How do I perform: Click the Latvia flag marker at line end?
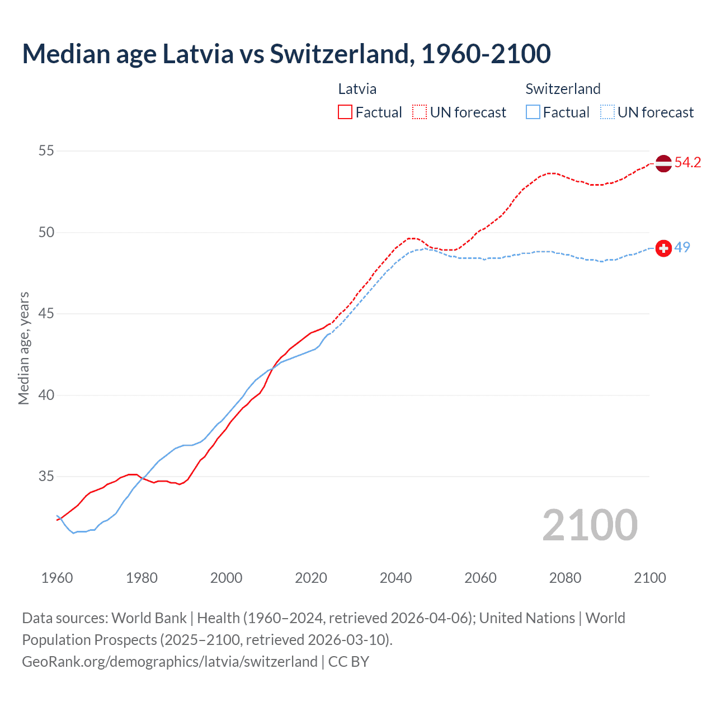click(663, 163)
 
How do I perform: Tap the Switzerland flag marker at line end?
click(663, 248)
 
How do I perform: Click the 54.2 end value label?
click(687, 163)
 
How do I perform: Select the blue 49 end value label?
click(682, 247)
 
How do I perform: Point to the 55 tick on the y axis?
click(46, 150)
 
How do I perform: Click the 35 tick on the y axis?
click(46, 477)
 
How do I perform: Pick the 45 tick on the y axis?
click(46, 314)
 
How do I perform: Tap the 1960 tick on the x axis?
click(57, 578)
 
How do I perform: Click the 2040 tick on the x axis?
click(395, 578)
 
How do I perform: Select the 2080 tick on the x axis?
click(565, 578)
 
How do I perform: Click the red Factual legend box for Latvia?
click(345, 112)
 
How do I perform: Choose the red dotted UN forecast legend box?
click(420, 112)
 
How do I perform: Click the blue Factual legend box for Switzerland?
click(533, 112)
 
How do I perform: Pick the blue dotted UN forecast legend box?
click(607, 112)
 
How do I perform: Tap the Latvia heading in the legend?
click(357, 89)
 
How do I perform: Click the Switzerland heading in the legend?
click(563, 89)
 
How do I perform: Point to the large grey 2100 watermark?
click(590, 525)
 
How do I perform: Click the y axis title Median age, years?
click(23, 348)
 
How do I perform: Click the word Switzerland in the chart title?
click(342, 54)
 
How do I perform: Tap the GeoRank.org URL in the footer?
click(169, 661)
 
